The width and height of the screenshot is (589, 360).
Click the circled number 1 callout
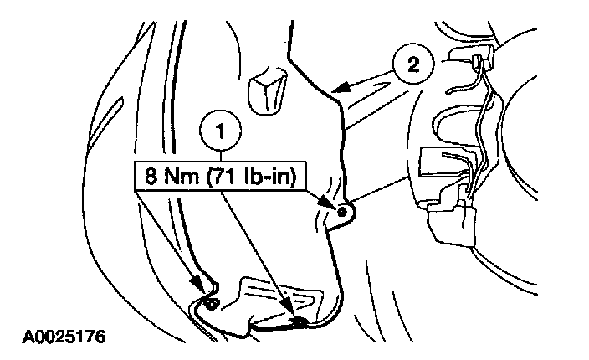[220, 132]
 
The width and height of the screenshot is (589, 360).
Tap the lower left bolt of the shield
[212, 301]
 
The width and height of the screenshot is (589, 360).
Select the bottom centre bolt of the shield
[299, 319]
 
